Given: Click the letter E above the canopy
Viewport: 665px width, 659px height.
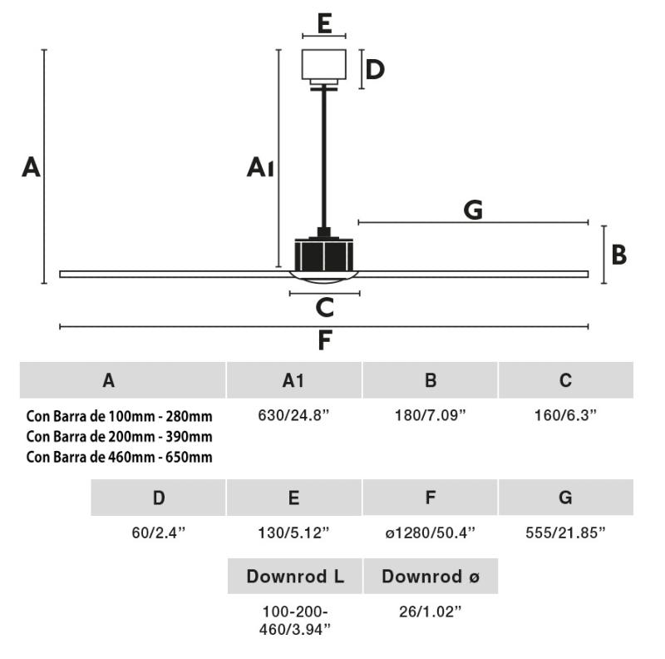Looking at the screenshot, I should tap(324, 22).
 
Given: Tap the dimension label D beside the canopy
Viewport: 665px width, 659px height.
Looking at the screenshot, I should tap(375, 69).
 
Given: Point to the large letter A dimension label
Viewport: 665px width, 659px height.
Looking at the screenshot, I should tap(31, 167).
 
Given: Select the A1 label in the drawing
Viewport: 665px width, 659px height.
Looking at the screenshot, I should tap(260, 168).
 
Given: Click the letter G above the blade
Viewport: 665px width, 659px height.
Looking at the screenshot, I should tap(473, 210).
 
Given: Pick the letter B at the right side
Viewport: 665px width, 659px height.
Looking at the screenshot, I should tap(618, 255).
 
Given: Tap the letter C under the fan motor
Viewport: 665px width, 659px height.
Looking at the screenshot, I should tap(325, 308).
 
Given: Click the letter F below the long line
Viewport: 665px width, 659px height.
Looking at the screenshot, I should tap(325, 340).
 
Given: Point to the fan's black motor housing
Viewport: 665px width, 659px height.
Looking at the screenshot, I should tap(324, 254).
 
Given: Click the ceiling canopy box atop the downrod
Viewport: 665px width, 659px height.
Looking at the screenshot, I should tap(324, 65).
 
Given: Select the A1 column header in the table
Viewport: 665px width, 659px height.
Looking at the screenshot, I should tap(293, 381).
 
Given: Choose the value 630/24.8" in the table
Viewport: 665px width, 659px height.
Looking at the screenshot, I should tap(293, 414).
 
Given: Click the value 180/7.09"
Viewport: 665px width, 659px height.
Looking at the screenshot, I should tap(430, 414).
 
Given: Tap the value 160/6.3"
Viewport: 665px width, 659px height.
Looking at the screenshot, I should tap(565, 414).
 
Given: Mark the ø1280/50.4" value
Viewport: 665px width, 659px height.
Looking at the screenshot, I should tap(430, 533).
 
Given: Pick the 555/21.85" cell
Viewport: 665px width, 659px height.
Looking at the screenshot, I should tap(565, 533).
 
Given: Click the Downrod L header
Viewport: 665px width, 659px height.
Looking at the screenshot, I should tap(295, 576).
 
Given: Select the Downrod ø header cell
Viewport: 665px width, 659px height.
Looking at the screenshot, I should tap(431, 576).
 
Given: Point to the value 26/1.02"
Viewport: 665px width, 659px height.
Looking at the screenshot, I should tap(430, 612).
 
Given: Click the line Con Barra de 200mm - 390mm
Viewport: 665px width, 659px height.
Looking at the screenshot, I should tap(119, 436).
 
